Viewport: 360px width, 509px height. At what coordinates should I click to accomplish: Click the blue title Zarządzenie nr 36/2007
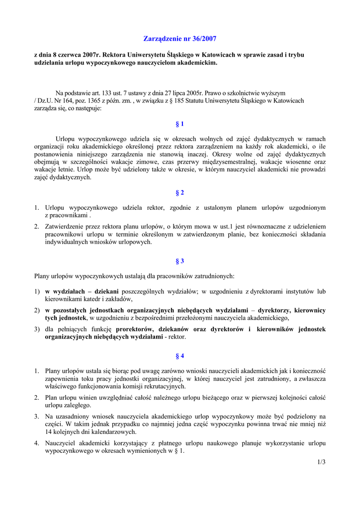pyautogui.click(x=180, y=38)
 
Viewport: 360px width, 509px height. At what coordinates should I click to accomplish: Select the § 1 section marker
pyautogui.click(x=180, y=124)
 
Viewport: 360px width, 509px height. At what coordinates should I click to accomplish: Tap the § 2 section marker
pyautogui.click(x=180, y=192)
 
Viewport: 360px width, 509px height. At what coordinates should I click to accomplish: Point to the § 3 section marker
pyautogui.click(x=180, y=261)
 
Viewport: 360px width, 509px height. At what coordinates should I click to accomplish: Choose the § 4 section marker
pyautogui.click(x=180, y=356)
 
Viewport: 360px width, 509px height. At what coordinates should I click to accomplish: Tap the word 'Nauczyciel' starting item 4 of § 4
pyautogui.click(x=61, y=443)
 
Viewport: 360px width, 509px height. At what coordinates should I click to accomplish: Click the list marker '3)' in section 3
pyautogui.click(x=37, y=329)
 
